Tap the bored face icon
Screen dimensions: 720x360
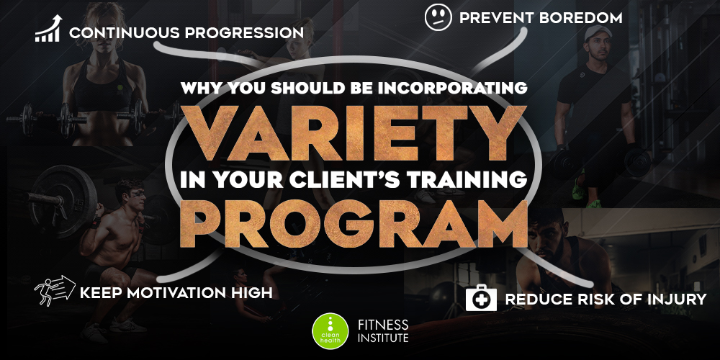point(438,17)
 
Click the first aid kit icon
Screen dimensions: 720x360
point(481,298)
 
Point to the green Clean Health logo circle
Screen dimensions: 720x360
point(330,331)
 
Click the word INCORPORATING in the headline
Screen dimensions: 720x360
point(452,88)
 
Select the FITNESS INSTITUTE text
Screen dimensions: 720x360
point(383,331)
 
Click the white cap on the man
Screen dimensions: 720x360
point(598,32)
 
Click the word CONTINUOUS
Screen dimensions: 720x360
point(124,33)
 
